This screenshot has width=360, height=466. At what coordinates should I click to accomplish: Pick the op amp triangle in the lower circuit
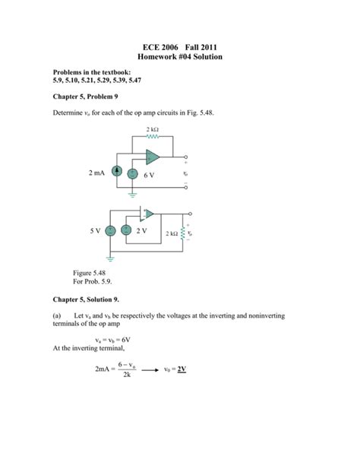(x=148, y=214)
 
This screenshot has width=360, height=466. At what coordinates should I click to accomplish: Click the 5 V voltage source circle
(x=110, y=230)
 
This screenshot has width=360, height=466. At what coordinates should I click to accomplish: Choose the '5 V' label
(x=95, y=230)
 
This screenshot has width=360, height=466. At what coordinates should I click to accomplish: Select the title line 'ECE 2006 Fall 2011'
(x=180, y=47)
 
